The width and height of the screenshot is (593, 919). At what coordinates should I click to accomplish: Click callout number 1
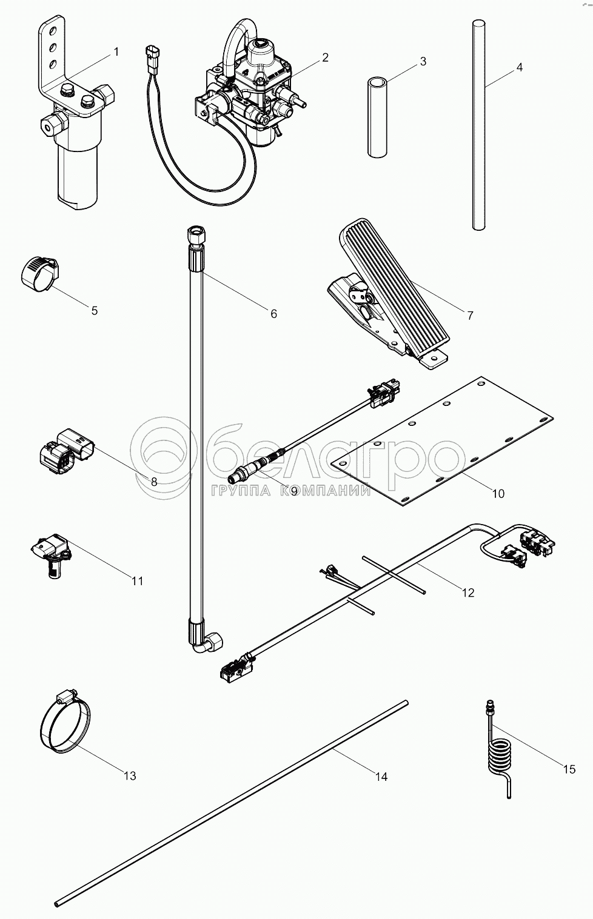point(116,51)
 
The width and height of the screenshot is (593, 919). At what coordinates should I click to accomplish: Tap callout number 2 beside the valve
point(325,58)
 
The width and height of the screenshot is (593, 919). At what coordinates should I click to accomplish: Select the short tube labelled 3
point(377,118)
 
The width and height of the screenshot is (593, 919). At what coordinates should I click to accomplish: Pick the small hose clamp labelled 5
point(40,274)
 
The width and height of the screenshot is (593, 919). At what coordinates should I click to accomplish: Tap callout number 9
point(293,491)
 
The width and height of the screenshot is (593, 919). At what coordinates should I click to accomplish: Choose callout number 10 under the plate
point(498,494)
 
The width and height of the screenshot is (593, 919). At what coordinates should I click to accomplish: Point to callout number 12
point(467,593)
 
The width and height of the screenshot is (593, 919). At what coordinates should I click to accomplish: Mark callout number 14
point(381,777)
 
